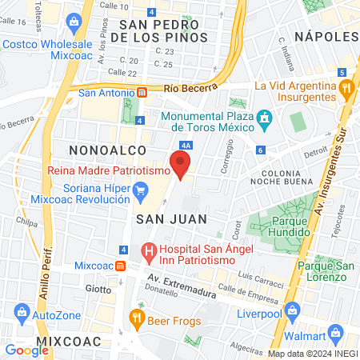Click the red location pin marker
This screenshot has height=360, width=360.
(x=182, y=166)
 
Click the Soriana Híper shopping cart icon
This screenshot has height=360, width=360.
(x=142, y=190)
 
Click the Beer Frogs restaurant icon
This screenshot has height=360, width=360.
(x=137, y=318)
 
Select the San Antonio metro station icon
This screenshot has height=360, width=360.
(x=142, y=92)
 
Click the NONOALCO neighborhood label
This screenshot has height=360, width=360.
(x=107, y=150)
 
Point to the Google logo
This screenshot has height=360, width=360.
(x=26, y=350)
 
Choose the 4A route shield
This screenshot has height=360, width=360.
(x=186, y=146)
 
